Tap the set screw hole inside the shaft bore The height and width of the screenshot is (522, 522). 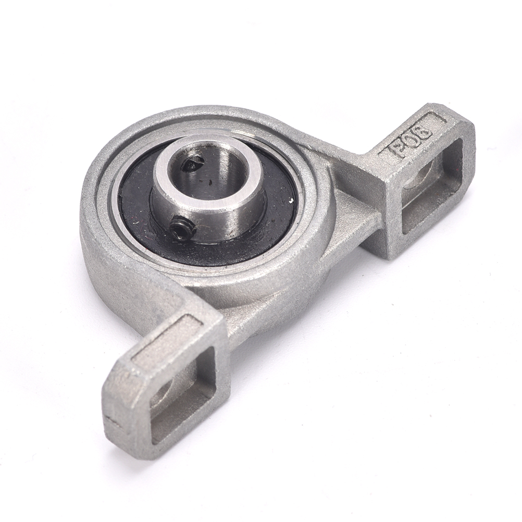(x=193, y=164)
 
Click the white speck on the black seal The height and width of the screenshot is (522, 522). (x=292, y=201)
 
